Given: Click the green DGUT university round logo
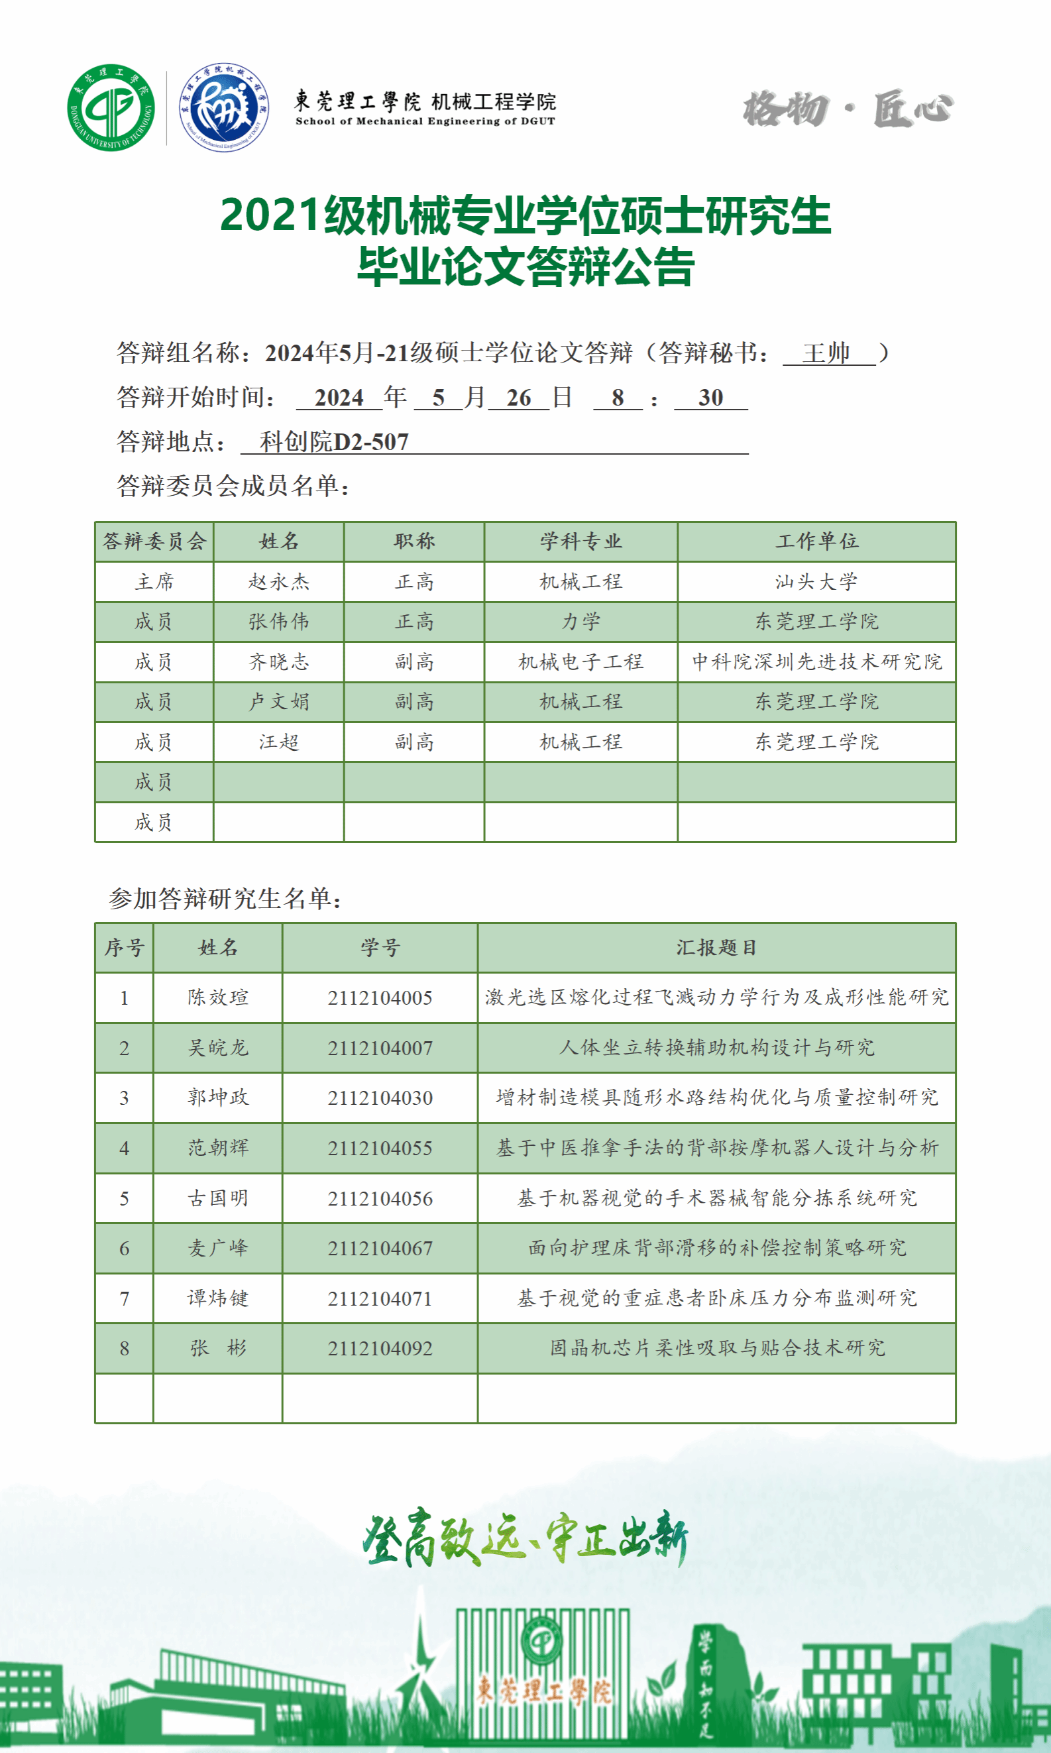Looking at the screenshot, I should click(111, 107).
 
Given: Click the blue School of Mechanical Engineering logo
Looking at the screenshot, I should click(224, 107).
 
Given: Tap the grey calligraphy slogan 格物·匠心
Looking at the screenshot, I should click(848, 109).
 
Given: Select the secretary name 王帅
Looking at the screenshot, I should click(826, 353).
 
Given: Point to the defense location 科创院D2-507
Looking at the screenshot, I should click(334, 442).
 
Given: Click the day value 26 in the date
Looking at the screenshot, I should click(518, 398).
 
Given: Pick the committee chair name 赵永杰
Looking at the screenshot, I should click(278, 582).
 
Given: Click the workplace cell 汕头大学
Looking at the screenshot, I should click(816, 582).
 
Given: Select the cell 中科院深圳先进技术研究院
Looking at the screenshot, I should click(816, 662).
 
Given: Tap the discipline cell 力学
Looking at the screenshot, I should click(581, 622).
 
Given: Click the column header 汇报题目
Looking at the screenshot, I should click(716, 948).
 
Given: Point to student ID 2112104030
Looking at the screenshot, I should click(380, 1098).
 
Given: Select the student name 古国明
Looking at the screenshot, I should click(217, 1198).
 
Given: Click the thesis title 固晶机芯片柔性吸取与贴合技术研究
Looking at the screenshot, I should click(717, 1348).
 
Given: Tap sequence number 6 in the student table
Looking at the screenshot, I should click(124, 1249).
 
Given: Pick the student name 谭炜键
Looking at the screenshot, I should click(217, 1298).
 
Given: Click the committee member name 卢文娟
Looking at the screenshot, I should click(278, 702).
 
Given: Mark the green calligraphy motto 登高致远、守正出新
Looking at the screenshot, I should click(524, 1538).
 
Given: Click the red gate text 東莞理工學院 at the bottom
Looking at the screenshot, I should click(543, 1691).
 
